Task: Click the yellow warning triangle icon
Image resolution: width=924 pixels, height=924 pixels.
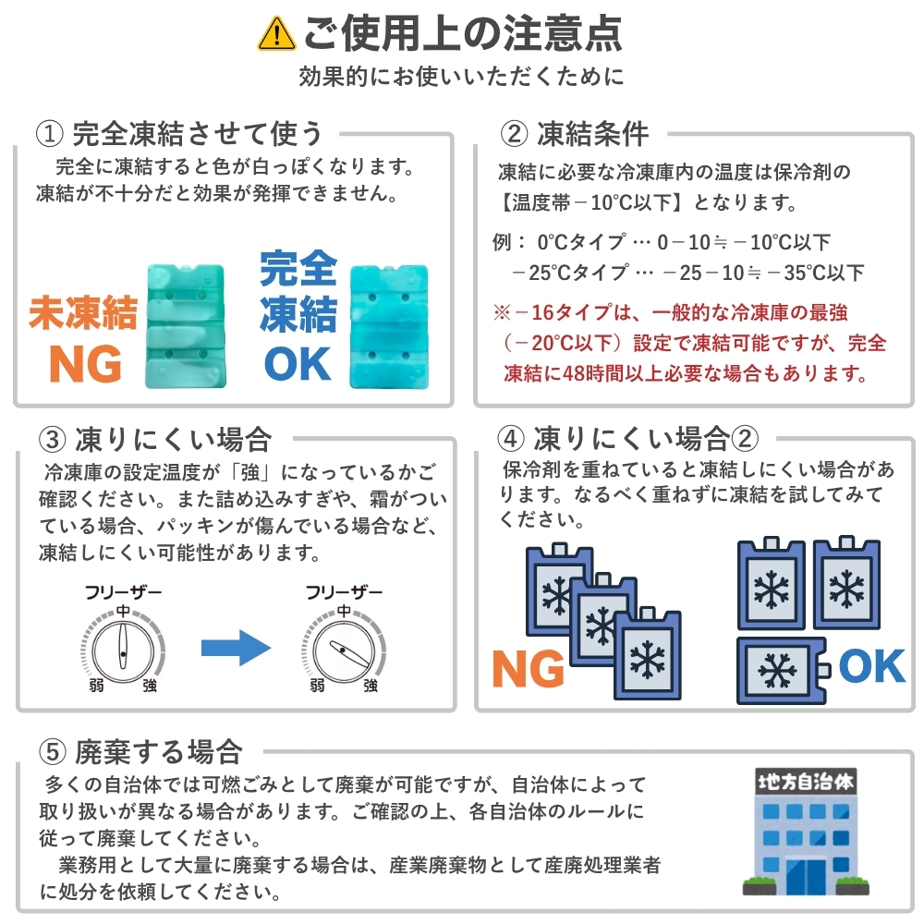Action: (277, 33)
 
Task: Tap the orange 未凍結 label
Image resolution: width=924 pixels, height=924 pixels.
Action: (83, 313)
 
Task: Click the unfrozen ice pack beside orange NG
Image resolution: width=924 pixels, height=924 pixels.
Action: (188, 325)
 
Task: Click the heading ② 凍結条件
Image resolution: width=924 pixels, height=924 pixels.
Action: (574, 134)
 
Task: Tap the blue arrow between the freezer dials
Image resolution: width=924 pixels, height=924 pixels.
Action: (236, 647)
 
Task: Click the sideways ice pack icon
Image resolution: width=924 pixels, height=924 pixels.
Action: (782, 668)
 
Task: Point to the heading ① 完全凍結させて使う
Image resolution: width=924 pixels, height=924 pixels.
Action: (179, 134)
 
